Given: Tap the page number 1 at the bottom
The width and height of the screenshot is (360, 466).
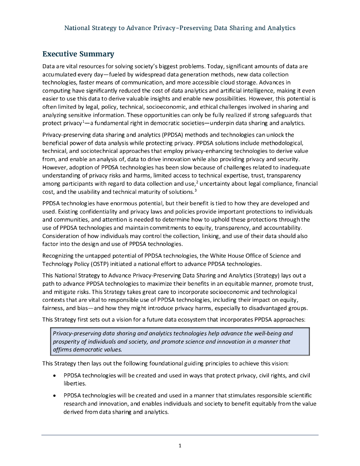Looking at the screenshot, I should tap(180, 446).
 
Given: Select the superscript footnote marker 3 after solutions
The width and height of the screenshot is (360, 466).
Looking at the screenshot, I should tap(195, 189).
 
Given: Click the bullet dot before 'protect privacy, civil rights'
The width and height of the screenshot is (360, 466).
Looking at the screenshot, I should tap(55, 376).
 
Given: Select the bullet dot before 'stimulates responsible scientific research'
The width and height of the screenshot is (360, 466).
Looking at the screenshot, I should tap(55, 395).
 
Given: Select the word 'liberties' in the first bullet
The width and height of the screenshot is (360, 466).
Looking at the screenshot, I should tap(75, 384).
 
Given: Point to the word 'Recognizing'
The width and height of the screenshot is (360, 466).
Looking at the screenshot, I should tap(59, 256).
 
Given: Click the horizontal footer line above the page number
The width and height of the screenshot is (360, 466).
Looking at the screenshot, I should tap(180, 435).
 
